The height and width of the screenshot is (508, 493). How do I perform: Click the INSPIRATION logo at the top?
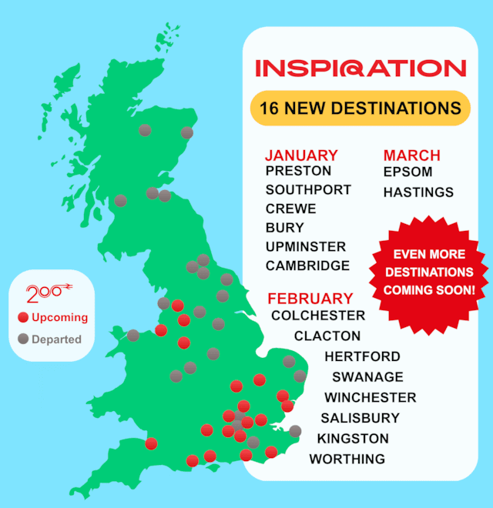pos(361,68)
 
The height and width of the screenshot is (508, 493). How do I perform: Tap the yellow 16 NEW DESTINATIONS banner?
pos(360,108)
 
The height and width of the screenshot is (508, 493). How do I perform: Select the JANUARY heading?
pos(301,155)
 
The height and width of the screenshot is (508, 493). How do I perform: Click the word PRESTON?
pos(298,171)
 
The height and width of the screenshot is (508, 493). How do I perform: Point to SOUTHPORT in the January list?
pos(308,189)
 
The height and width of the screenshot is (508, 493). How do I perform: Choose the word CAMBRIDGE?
pos(307,266)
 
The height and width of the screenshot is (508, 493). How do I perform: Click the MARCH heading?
pos(411,155)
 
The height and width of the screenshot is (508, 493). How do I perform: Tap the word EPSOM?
pos(407,172)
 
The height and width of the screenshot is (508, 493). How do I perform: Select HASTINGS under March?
pos(418,192)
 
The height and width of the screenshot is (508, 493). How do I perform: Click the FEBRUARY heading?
pos(310,299)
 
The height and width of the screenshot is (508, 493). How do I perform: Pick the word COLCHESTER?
pos(318,316)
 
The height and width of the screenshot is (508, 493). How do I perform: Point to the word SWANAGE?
pos(367,376)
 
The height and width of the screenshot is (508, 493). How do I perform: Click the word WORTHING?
pos(347,459)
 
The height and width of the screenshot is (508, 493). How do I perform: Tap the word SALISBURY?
pos(360,418)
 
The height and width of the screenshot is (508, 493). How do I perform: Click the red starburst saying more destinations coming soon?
pos(429,272)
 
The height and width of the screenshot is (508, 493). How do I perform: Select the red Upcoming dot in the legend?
pos(23,317)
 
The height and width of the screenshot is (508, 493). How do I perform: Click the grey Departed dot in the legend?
pos(23,339)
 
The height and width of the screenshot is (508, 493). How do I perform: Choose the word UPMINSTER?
pos(306,246)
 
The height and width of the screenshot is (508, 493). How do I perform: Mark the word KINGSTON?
pos(353,439)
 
